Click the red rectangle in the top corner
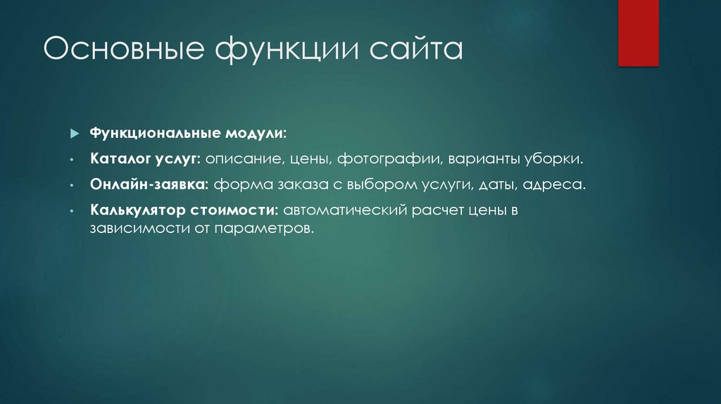638,32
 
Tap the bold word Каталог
118,160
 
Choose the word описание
244,160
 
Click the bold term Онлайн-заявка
149,185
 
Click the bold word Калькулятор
136,210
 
